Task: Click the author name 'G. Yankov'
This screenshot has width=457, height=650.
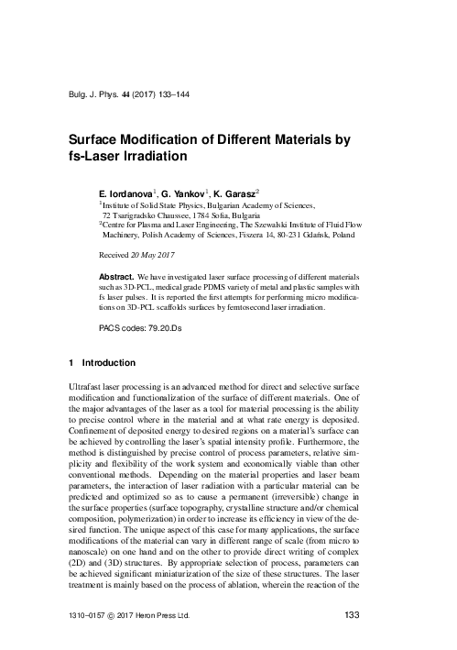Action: tap(181, 195)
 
